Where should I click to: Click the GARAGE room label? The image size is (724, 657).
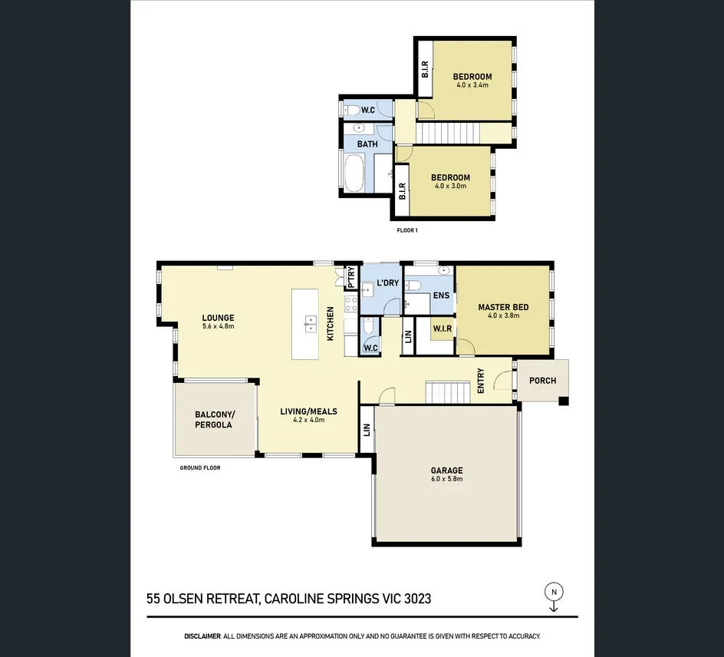[446, 470]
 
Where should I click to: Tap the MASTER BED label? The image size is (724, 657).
[503, 307]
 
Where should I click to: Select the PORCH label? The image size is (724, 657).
[542, 380]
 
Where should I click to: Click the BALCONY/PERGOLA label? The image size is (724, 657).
[215, 419]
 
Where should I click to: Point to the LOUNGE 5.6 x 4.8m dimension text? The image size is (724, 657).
[218, 327]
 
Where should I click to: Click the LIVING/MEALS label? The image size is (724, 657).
[308, 411]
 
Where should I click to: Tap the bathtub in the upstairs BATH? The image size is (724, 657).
[354, 173]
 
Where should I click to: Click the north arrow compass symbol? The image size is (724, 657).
[553, 592]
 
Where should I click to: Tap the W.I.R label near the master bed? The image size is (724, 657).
[443, 328]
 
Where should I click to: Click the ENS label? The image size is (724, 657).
[441, 295]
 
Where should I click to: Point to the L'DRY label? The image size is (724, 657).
[387, 282]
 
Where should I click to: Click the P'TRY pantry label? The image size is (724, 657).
[351, 276]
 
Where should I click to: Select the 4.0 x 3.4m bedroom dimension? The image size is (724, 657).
[472, 85]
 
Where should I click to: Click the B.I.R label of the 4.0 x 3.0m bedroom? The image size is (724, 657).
[402, 189]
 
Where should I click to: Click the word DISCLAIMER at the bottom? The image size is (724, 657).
[202, 636]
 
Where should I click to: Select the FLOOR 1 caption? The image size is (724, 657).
[406, 229]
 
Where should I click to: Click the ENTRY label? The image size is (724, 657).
[481, 381]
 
